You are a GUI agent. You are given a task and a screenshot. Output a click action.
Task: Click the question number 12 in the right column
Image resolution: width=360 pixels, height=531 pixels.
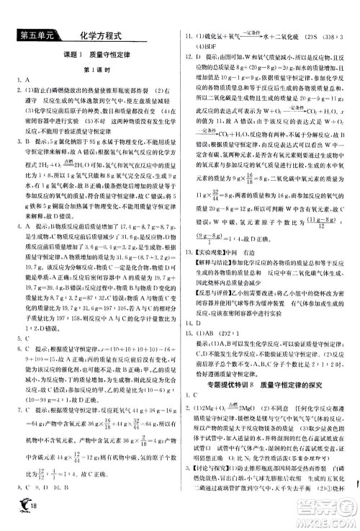click(190, 55)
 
